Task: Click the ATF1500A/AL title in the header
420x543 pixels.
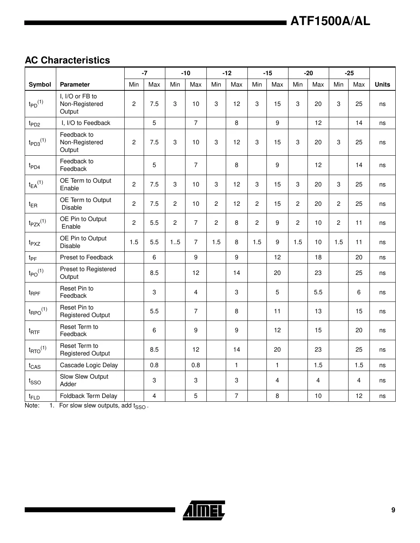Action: pos(330,21)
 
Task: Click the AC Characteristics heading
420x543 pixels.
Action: pos(67,60)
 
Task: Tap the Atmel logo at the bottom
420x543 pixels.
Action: pos(204,510)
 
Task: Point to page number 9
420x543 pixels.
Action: pos(393,510)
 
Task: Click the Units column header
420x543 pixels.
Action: pos(382,84)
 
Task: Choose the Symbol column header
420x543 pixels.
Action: pos(40,84)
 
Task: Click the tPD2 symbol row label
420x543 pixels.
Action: pos(35,123)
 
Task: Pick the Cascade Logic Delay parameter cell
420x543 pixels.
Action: pos(89,365)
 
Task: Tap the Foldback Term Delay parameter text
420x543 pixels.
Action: pos(89,396)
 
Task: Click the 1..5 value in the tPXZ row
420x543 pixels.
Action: pos(175,242)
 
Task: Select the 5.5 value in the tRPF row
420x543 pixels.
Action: pos(318,292)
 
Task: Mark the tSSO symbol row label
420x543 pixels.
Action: pos(35,381)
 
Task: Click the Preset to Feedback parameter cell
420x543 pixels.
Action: pos(86,257)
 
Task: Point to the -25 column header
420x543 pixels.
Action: pos(349,73)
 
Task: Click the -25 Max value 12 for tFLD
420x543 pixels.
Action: pos(358,396)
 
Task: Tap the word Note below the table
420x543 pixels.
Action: pos(32,406)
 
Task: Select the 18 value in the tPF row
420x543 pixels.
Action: pos(318,257)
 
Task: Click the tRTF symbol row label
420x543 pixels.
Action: pos(34,331)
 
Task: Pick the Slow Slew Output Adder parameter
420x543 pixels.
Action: pos(84,380)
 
